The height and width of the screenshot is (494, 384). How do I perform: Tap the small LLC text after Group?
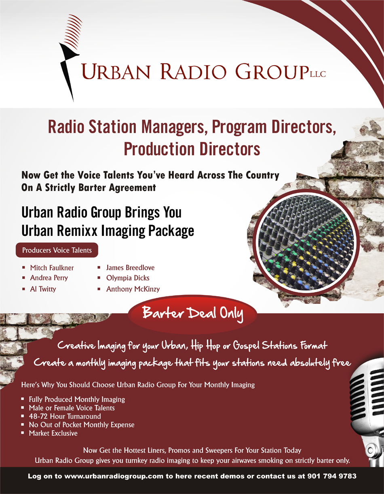tap(318, 74)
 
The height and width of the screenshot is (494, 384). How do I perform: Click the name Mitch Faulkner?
tap(52, 268)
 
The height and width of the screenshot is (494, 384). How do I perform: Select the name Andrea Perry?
tap(49, 278)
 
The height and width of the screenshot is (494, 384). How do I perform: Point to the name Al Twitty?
tap(43, 289)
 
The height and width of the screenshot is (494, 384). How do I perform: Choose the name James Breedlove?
tap(130, 267)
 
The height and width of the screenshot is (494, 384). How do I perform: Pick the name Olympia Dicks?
tap(128, 278)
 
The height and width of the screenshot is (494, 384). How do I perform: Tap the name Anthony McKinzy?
tap(133, 289)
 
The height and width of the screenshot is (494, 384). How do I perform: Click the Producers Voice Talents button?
tap(57, 250)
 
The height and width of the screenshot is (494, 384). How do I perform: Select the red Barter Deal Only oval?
tap(192, 314)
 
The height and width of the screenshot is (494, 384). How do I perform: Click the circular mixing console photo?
tap(306, 243)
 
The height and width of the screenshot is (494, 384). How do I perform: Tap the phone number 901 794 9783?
tap(332, 476)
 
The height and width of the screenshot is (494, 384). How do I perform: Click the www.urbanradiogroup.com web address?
tap(114, 476)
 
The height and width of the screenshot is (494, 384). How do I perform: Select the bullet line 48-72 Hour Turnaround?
tap(65, 416)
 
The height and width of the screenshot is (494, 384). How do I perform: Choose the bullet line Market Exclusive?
tap(53, 433)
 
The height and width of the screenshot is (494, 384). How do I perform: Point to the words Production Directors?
tap(192, 149)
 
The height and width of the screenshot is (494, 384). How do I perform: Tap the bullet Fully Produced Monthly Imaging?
tap(77, 399)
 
